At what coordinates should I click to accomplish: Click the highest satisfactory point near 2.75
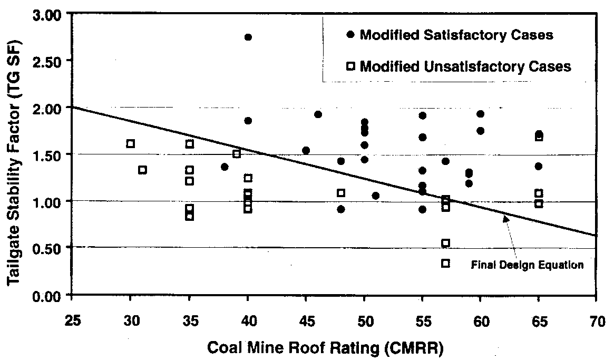pos(248,37)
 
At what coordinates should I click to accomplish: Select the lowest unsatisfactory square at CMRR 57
pos(445,263)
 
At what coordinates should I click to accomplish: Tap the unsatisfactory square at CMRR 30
pos(131,143)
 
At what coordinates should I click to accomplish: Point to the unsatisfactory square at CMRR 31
pos(142,170)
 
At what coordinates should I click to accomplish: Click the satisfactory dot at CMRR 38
pos(225,167)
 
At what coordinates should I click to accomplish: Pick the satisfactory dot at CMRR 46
pos(318,114)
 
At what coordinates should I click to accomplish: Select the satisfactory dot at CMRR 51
pos(375,196)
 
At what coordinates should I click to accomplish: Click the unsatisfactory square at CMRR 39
pos(237,153)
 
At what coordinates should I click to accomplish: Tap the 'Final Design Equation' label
pos(527,265)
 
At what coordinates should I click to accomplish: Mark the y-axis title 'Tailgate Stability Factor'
pos(14,158)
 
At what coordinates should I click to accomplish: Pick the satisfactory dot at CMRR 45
pos(306,151)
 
